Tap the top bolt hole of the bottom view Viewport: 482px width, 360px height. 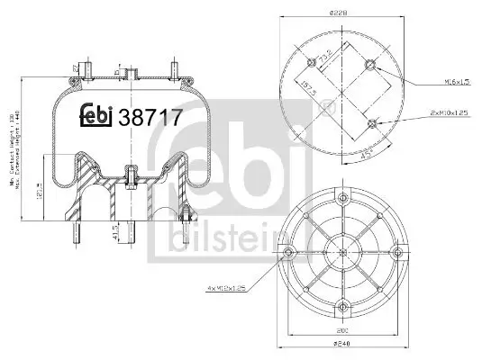pos(341,197)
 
